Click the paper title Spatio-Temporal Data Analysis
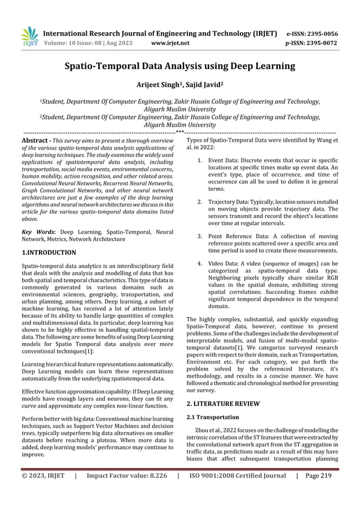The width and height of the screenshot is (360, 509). pos(179,67)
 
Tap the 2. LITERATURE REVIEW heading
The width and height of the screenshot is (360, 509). pos(223,403)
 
